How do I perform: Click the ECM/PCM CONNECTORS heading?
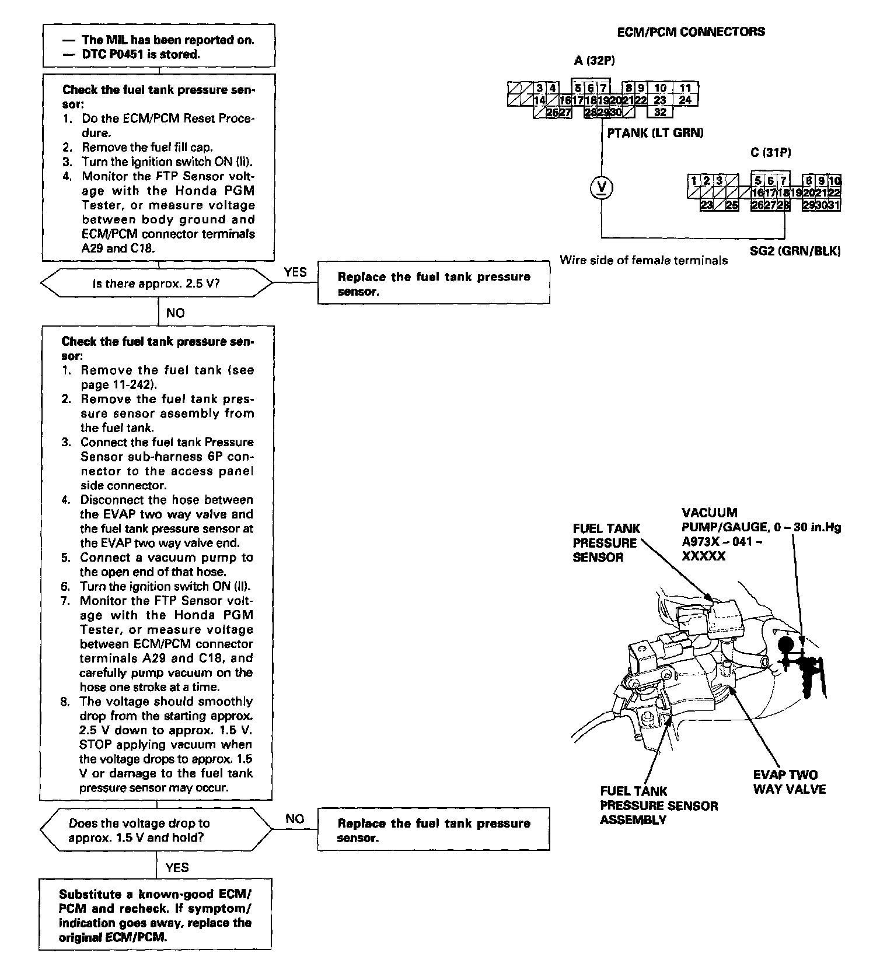coord(690,32)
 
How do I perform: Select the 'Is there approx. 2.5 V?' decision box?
coord(156,283)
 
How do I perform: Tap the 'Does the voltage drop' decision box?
coord(156,831)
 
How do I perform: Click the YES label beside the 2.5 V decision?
coord(295,272)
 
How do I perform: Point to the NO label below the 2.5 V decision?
coord(175,313)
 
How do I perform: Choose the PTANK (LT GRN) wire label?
coord(655,133)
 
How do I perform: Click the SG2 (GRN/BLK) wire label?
coord(795,252)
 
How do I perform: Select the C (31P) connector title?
coord(770,153)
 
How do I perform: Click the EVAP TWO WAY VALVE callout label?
coord(789,782)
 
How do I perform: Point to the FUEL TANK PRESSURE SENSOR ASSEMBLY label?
coord(659,805)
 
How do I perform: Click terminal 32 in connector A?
coord(660,112)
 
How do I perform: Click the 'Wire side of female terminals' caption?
coord(644,261)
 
